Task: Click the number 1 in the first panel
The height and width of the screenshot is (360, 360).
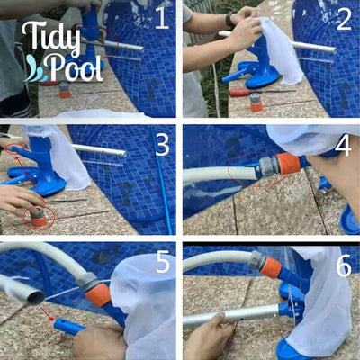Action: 159,17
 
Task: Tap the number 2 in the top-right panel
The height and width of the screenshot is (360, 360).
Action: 343,19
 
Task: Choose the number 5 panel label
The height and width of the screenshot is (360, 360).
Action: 163,263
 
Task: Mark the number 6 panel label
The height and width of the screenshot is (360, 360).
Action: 343,263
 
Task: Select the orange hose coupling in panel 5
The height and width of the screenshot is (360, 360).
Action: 99,293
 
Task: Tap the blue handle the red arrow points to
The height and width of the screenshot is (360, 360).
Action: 68,326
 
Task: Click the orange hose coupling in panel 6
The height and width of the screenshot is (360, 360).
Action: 269,266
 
